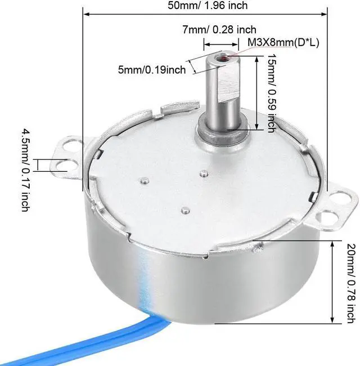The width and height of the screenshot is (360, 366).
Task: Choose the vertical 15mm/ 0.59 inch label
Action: pos(271,93)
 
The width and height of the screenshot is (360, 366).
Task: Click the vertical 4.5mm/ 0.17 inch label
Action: pos(25,169)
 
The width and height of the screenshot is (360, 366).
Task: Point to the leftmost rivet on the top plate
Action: pos(145,181)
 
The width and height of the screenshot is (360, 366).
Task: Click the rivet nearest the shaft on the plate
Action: pos(204,173)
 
